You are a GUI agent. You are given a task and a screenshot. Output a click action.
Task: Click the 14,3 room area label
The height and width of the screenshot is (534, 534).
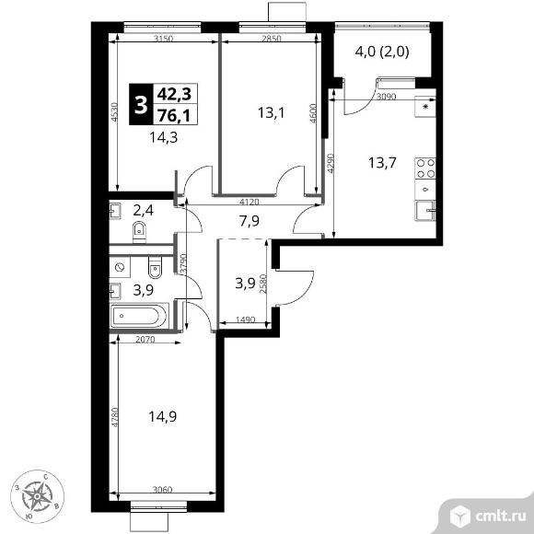click(x=164, y=137)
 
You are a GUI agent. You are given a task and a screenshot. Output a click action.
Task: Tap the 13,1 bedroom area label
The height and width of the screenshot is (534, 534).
click(x=271, y=112)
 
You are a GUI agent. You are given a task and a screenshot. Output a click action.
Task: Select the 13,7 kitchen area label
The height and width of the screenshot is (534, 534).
click(x=382, y=163)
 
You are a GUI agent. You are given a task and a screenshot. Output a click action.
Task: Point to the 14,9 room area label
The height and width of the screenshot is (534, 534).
click(x=162, y=416)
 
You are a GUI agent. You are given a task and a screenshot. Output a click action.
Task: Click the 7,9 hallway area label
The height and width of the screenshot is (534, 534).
click(x=250, y=221)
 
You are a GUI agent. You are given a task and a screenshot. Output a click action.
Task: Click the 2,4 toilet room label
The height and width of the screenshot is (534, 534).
click(x=144, y=211)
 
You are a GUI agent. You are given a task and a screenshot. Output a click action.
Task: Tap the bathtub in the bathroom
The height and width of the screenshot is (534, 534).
click(x=139, y=316)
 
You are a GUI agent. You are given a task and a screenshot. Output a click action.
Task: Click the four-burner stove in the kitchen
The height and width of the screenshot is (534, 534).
click(x=425, y=168)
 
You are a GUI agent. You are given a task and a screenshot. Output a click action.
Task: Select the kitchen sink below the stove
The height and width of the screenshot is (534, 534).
click(x=425, y=211)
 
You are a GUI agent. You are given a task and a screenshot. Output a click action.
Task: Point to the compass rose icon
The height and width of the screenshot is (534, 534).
click(x=37, y=496)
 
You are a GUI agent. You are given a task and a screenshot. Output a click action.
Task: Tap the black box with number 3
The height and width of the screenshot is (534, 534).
click(x=140, y=104)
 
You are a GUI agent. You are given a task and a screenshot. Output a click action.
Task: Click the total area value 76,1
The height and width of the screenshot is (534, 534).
click(x=174, y=116)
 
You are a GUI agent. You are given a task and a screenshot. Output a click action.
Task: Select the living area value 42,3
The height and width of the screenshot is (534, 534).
click(x=174, y=94)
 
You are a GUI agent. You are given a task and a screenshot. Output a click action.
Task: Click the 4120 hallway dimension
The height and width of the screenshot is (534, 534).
click(x=250, y=202)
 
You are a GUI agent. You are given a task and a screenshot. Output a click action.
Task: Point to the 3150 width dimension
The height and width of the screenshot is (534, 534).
click(x=164, y=39)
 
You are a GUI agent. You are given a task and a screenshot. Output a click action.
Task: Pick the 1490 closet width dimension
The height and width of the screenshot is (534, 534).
click(x=245, y=319)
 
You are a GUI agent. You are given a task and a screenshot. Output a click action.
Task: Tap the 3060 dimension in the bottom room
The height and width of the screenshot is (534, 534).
click(x=162, y=490)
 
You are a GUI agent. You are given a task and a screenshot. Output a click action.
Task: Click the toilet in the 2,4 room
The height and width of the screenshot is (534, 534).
click(x=139, y=232)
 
